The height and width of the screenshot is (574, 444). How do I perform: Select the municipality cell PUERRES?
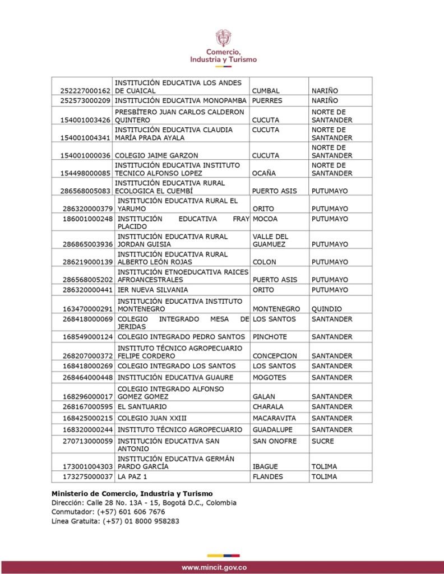coord(267,101)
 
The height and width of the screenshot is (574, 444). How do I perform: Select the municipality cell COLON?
coord(264,262)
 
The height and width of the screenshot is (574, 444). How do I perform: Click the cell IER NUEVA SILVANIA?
coord(152,290)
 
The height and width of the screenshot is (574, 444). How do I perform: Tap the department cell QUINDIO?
coord(327,308)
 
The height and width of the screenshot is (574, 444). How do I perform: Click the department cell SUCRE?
coord(322,441)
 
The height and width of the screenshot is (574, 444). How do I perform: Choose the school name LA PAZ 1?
coord(133,477)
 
